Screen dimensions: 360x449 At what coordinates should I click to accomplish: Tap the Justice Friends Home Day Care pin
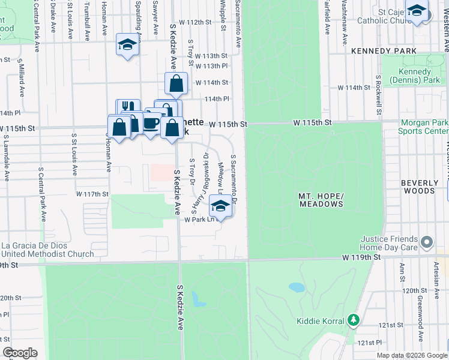[427, 242]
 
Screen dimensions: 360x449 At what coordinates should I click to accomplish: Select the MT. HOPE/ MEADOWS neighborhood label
[321, 200]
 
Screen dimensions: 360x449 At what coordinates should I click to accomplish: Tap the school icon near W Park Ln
[220, 206]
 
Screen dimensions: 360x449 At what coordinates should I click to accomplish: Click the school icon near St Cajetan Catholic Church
[417, 10]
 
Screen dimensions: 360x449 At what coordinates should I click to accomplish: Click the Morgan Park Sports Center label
[423, 127]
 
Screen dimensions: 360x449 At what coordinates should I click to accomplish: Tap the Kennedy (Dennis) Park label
[415, 76]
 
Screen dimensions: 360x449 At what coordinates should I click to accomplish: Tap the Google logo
[20, 353]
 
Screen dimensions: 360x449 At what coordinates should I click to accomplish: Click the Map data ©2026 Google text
[411, 355]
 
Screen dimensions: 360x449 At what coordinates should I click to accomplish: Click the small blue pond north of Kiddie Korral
[297, 287]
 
